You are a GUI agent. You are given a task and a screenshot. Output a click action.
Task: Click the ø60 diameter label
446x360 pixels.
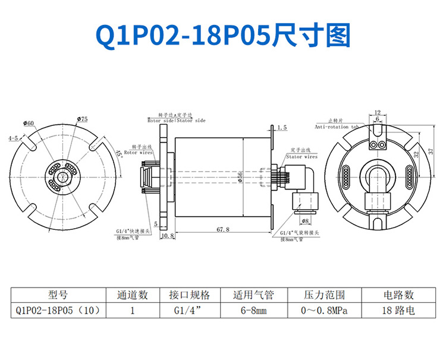point(29,123)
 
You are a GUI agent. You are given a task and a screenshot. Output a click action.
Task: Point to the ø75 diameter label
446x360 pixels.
point(82,119)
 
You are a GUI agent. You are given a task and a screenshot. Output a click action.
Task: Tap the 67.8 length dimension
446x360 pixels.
point(224,229)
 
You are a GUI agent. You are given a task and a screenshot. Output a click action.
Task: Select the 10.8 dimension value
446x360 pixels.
point(167,236)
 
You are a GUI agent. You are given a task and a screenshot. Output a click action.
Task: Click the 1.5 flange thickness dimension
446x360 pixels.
point(282,127)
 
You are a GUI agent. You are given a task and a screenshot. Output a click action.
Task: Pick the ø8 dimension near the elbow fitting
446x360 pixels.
point(313,220)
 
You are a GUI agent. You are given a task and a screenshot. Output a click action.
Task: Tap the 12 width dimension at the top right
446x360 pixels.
point(378,112)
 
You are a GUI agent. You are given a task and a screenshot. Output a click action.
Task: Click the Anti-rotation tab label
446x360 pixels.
point(336,127)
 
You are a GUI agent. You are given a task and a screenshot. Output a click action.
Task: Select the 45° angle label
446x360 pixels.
point(120,152)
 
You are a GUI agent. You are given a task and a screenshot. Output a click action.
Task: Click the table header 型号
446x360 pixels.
point(58,295)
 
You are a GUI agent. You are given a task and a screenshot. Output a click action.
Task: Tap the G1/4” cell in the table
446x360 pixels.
point(189,310)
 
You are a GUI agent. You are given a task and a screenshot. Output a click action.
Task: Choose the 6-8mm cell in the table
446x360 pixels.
point(253,310)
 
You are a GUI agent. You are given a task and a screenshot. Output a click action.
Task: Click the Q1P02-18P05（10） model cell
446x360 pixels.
point(58,310)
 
